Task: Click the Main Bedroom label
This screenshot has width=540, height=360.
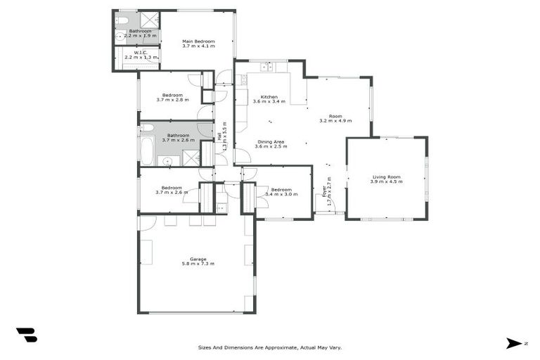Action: (198, 41)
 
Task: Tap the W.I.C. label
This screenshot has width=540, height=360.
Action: (140, 52)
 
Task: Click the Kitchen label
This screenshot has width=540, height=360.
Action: (269, 97)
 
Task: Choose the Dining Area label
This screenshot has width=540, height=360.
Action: (271, 141)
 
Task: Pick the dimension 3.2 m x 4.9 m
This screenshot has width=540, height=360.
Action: (335, 121)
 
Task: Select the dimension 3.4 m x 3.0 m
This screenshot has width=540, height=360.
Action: (281, 195)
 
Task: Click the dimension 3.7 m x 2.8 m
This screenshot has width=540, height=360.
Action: (172, 100)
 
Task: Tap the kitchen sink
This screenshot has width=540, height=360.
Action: (267, 67)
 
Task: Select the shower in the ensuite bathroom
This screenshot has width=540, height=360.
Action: (148, 20)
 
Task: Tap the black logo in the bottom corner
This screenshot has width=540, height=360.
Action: (27, 335)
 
